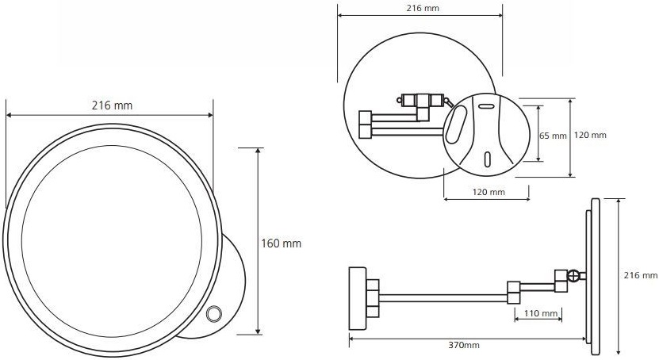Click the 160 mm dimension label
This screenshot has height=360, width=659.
[x=282, y=243]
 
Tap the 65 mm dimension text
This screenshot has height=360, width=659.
[x=553, y=136]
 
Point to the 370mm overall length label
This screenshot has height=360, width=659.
[x=464, y=345]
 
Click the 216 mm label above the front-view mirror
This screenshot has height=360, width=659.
[x=112, y=105]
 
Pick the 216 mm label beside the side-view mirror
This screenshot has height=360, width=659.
[x=641, y=275]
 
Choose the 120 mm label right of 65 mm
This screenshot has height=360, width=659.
[x=590, y=135]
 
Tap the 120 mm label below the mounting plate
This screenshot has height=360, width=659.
[x=489, y=192]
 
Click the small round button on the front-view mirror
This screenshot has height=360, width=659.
[x=214, y=313]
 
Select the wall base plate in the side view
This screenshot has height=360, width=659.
[x=358, y=298]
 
